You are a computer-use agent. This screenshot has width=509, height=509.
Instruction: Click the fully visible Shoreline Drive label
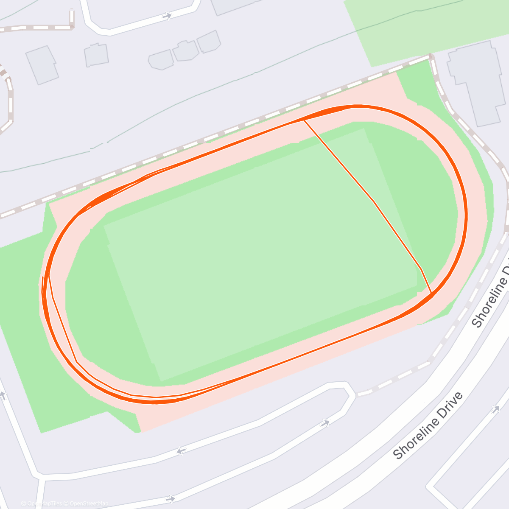point(428,426)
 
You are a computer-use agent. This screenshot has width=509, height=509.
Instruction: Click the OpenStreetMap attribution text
point(89,503)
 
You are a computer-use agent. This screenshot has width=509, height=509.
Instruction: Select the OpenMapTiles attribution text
point(45,503)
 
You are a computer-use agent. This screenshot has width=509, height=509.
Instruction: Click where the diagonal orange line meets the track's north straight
point(303,120)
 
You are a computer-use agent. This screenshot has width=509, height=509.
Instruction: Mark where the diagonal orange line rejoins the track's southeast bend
point(431,293)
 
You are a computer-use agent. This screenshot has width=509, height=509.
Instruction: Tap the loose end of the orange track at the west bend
point(43,278)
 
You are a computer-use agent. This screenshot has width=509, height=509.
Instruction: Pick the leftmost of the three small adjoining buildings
point(161,60)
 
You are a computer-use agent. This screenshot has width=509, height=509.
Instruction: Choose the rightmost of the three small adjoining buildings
point(209,42)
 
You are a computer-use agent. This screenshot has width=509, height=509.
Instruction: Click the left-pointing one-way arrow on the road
point(182,451)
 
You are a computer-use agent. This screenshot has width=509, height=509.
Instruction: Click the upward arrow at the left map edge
point(3,396)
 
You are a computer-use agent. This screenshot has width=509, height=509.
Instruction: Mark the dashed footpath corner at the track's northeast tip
point(431,56)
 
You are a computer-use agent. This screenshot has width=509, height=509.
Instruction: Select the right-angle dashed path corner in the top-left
point(71,27)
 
